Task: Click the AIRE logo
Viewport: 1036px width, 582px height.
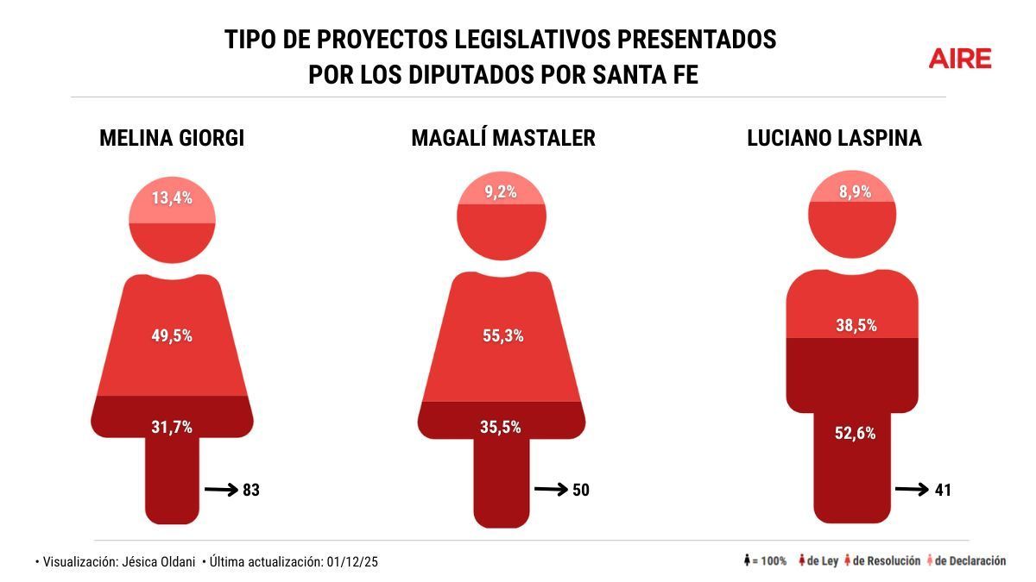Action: click(x=959, y=59)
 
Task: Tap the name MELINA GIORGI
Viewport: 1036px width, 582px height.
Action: click(x=172, y=138)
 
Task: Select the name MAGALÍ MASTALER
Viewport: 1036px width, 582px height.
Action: click(x=502, y=138)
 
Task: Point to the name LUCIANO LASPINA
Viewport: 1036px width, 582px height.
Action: click(x=834, y=138)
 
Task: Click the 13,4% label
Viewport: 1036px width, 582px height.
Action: click(x=171, y=198)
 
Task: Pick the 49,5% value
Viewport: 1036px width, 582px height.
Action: click(x=171, y=335)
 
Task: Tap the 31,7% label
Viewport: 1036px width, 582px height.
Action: click(x=171, y=426)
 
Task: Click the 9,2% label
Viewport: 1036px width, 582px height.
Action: click(x=500, y=192)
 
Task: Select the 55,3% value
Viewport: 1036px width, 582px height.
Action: click(x=502, y=335)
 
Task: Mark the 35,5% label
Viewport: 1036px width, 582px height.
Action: click(x=501, y=426)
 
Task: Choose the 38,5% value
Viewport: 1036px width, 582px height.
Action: click(x=856, y=325)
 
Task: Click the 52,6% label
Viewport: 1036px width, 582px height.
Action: click(x=855, y=433)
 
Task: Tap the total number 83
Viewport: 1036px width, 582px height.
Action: click(x=251, y=490)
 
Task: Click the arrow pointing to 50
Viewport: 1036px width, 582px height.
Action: click(x=550, y=490)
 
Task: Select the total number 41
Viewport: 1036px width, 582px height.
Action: click(x=942, y=490)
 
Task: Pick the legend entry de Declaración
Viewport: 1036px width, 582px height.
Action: click(x=967, y=560)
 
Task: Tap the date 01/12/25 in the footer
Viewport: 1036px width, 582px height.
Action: click(x=352, y=561)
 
